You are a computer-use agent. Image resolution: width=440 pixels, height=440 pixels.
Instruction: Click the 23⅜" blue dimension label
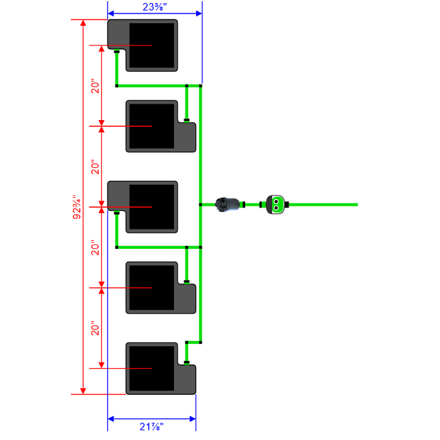tap(155, 7)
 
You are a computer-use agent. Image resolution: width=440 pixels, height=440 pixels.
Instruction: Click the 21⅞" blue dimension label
tap(151, 427)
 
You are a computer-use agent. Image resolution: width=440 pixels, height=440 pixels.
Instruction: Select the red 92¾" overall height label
tap(77, 207)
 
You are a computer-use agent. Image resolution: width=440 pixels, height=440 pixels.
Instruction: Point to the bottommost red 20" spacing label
tap(95, 328)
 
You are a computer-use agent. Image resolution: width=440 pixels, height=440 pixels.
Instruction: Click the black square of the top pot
tap(152, 45)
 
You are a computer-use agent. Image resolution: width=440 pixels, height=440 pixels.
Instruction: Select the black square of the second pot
tap(152, 126)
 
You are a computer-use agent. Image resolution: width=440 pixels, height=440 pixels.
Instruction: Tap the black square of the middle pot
tap(152, 207)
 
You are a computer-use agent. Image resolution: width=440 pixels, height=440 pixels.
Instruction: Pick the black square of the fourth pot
tap(152, 288)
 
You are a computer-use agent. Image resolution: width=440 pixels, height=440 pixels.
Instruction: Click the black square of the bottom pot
tap(152, 369)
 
